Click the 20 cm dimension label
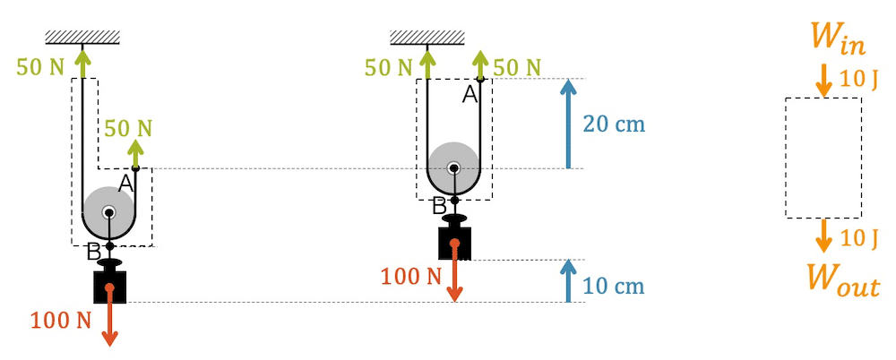pos(614,124)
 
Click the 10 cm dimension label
pos(614,287)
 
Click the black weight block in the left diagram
pos(109,286)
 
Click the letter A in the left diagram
pos(125,184)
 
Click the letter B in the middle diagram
pos(439,207)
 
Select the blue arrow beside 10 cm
pos(568,280)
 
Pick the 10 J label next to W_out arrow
pos(859,237)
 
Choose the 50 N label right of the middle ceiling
pos(517,67)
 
